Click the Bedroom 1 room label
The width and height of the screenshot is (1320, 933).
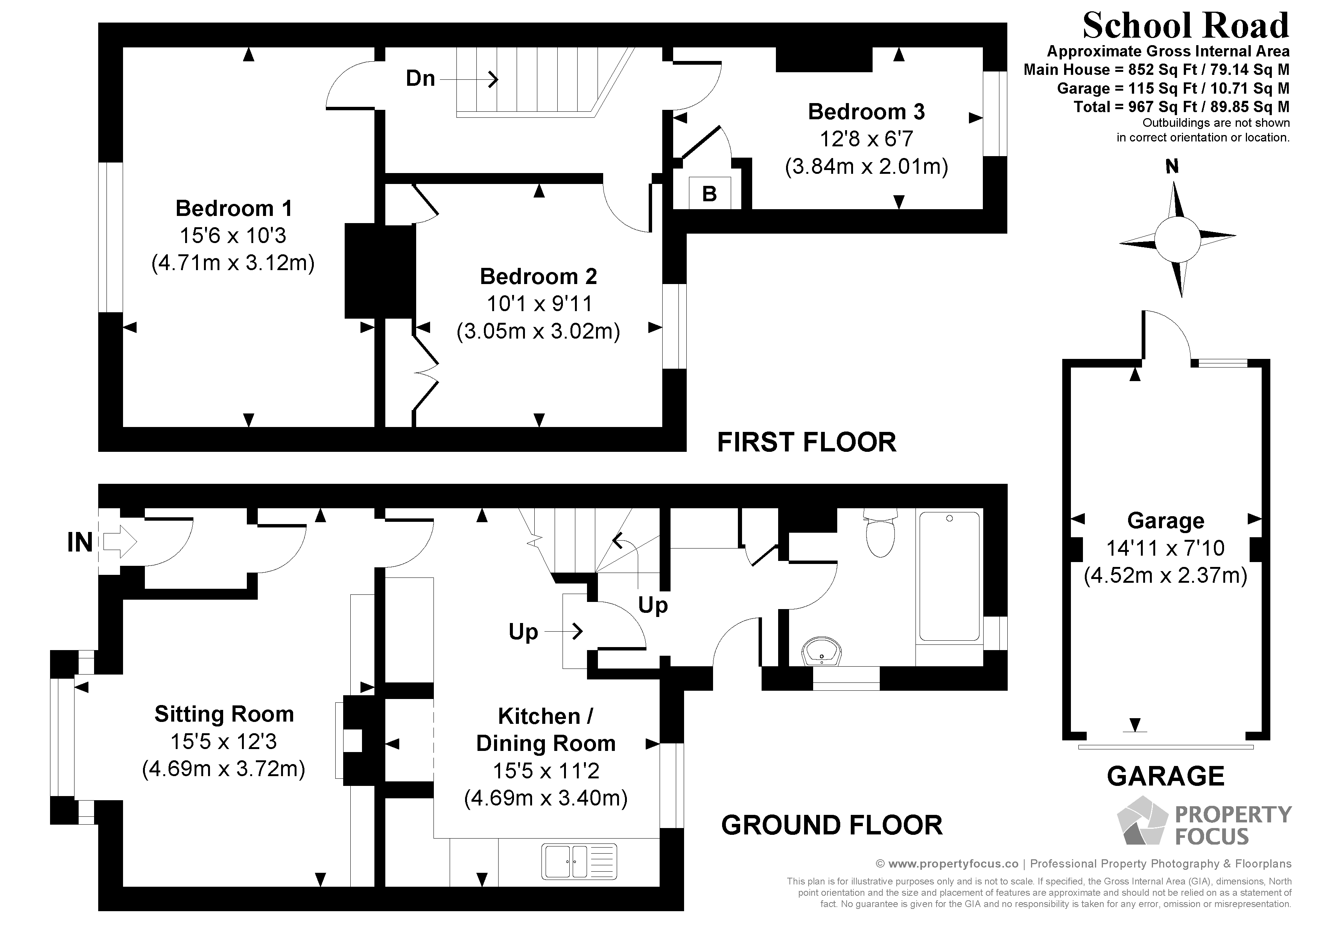click(x=233, y=208)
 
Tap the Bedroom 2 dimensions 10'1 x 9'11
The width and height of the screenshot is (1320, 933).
click(x=539, y=304)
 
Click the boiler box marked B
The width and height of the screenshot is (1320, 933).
click(x=709, y=194)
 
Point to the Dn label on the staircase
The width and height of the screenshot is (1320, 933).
click(x=420, y=78)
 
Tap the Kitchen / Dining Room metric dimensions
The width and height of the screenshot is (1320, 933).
click(x=546, y=798)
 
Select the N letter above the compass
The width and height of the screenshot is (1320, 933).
click(x=1172, y=167)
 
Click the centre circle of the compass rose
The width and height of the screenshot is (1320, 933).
click(x=1177, y=239)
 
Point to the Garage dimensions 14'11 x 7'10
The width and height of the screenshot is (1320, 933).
click(x=1165, y=548)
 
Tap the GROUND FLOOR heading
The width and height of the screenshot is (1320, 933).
click(x=831, y=825)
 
